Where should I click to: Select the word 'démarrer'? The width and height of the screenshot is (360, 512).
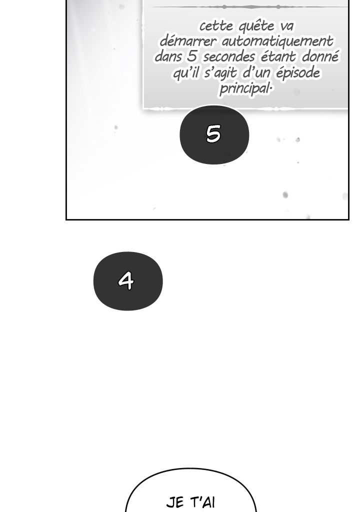(188, 41)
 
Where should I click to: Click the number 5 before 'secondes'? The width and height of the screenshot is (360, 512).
(192, 56)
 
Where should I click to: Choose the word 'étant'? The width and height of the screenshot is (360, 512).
(278, 56)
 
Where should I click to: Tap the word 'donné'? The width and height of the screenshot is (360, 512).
(320, 56)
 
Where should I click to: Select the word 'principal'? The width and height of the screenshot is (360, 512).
(245, 88)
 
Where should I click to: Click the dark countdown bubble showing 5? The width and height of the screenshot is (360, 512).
(214, 134)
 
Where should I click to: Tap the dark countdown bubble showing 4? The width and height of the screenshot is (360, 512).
(127, 281)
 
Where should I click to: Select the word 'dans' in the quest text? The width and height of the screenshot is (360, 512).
(168, 56)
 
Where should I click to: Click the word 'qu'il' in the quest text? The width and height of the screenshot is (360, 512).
(186, 73)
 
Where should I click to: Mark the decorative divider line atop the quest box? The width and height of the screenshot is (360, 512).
(248, 6)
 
